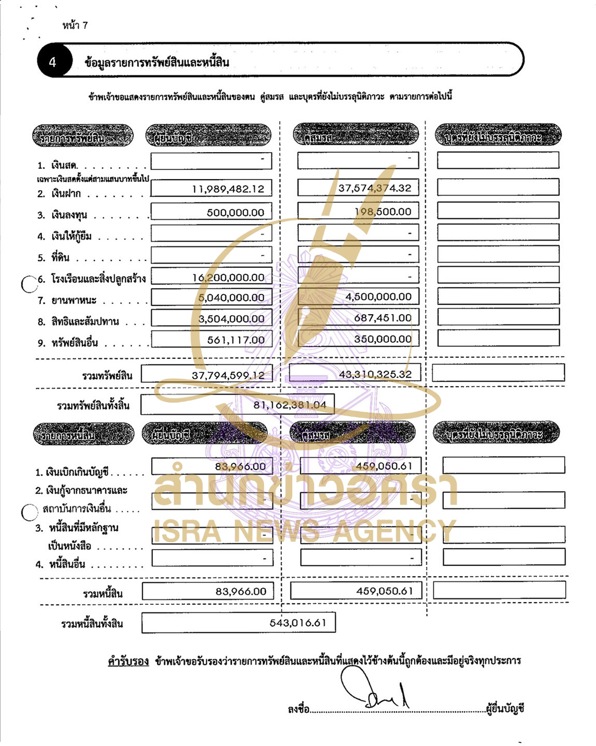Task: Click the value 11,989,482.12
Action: pyautogui.click(x=228, y=189)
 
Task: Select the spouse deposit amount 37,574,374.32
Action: pyautogui.click(x=375, y=188)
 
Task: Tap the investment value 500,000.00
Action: pyautogui.click(x=235, y=213)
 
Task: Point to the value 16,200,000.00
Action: pyautogui.click(x=228, y=278)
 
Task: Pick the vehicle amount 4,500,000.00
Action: pyautogui.click(x=378, y=296)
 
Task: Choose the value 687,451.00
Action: pyautogui.click(x=382, y=318)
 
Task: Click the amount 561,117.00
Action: pyautogui.click(x=236, y=340)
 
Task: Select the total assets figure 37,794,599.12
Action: pyautogui.click(x=228, y=375)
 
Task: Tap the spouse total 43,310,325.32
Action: pyautogui.click(x=375, y=374)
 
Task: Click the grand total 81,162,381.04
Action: pyautogui.click(x=290, y=405)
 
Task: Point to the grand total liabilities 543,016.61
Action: pyautogui.click(x=297, y=623)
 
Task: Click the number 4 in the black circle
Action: pyautogui.click(x=52, y=62)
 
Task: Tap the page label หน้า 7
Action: pyautogui.click(x=75, y=25)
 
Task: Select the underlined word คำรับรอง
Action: pyautogui.click(x=128, y=661)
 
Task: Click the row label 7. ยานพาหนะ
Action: pyautogui.click(x=74, y=301)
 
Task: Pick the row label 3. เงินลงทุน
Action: pyautogui.click(x=69, y=215)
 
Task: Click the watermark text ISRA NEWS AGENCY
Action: pyautogui.click(x=304, y=531)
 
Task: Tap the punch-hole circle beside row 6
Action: pyautogui.click(x=29, y=284)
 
